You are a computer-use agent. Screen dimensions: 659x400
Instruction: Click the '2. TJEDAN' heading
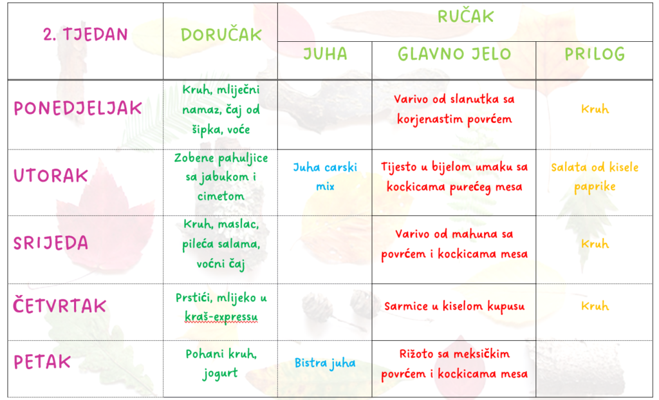pos(86,34)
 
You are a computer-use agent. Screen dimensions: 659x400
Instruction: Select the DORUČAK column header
pos(221,35)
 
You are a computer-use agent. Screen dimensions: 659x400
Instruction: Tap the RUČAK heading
pos(465,16)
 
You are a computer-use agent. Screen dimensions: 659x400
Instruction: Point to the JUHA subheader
pos(325,54)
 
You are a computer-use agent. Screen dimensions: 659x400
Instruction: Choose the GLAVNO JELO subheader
pos(454,54)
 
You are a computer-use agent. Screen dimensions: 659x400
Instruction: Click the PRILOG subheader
pos(595,54)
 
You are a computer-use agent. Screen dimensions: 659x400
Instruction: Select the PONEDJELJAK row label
pos(78,108)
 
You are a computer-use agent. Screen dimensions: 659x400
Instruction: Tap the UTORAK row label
pos(51,175)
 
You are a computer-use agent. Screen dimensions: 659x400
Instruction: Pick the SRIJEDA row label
pos(51,243)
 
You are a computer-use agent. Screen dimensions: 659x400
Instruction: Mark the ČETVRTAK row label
pos(59,305)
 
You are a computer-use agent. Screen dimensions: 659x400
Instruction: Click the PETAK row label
pos(42,362)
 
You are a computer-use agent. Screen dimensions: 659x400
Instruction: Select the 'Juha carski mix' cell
pos(325,176)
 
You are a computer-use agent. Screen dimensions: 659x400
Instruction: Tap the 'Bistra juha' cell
pos(325,363)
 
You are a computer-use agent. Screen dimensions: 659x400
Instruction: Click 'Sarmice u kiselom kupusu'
pos(454,306)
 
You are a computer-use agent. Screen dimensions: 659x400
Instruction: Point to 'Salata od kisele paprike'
pos(595,177)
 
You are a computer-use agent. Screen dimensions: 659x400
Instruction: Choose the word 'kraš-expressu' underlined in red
pos(221,317)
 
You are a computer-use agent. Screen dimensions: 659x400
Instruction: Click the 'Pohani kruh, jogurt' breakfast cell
pos(221,363)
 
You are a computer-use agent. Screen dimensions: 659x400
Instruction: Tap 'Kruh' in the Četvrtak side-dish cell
pos(595,306)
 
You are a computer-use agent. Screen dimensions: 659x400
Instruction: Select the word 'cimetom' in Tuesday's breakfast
pos(221,196)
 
